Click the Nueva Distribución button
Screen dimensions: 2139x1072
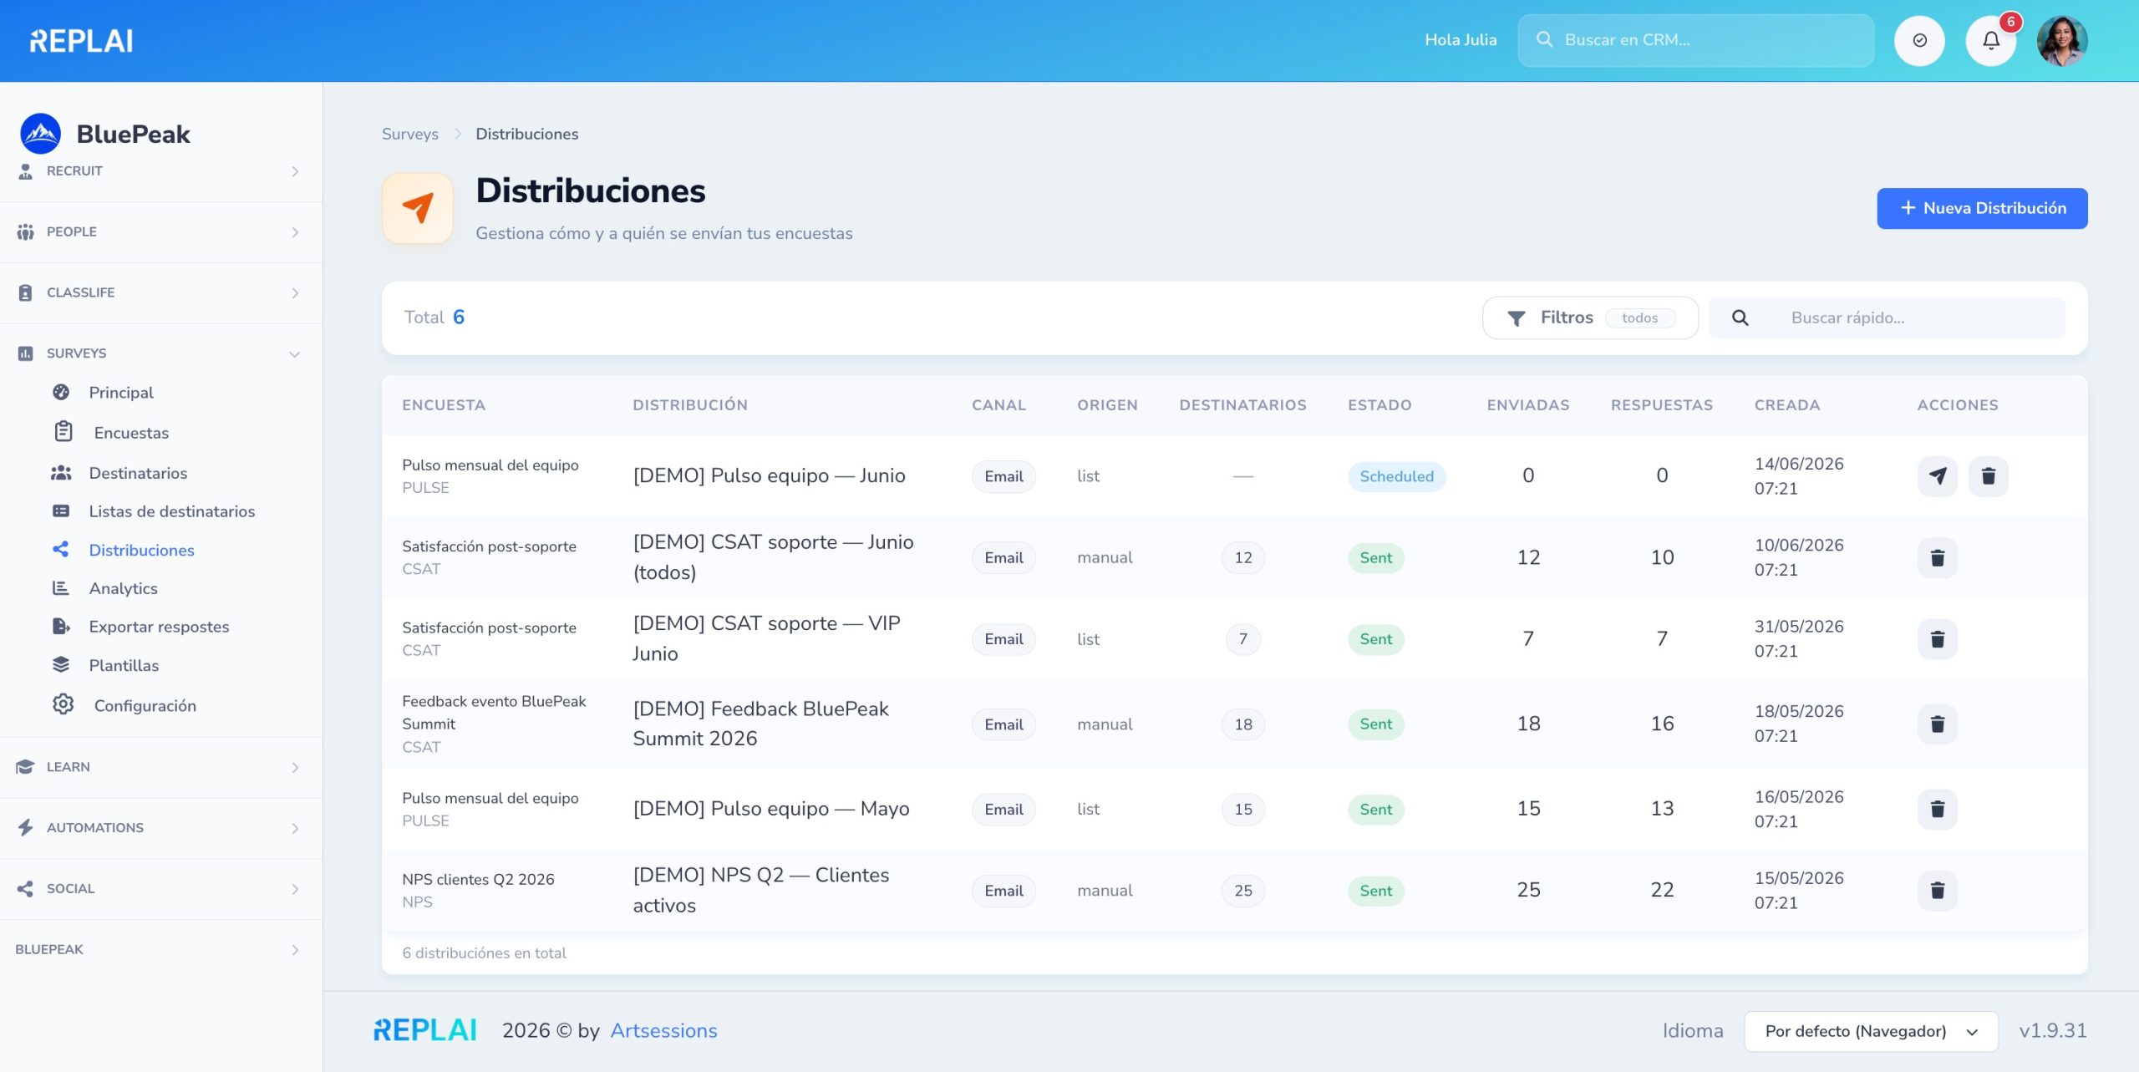(x=1982, y=208)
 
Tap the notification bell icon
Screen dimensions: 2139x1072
(x=1991, y=40)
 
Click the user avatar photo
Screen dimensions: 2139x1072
(x=2062, y=40)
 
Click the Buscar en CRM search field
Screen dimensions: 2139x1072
(x=1695, y=40)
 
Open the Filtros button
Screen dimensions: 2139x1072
(x=1590, y=318)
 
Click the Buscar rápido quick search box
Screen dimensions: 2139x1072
(x=1887, y=318)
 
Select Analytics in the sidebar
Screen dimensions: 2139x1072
(x=123, y=588)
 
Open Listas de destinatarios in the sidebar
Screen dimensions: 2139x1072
(x=171, y=511)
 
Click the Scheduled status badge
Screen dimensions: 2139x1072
(x=1396, y=476)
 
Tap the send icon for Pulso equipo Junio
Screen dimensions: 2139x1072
(x=1938, y=476)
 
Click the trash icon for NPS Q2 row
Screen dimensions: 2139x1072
(x=1938, y=891)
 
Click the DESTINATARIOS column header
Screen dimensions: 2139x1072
(x=1242, y=405)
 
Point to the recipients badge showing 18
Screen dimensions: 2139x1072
(x=1243, y=724)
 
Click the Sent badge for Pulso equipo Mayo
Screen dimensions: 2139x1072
(x=1375, y=810)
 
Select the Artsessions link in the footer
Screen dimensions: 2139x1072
(x=663, y=1030)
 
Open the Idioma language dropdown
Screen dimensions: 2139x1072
(x=1871, y=1031)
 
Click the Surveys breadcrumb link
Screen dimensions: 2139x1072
(x=409, y=134)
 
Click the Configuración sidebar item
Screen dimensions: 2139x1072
(x=145, y=705)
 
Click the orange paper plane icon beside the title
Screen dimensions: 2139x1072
(x=418, y=207)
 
